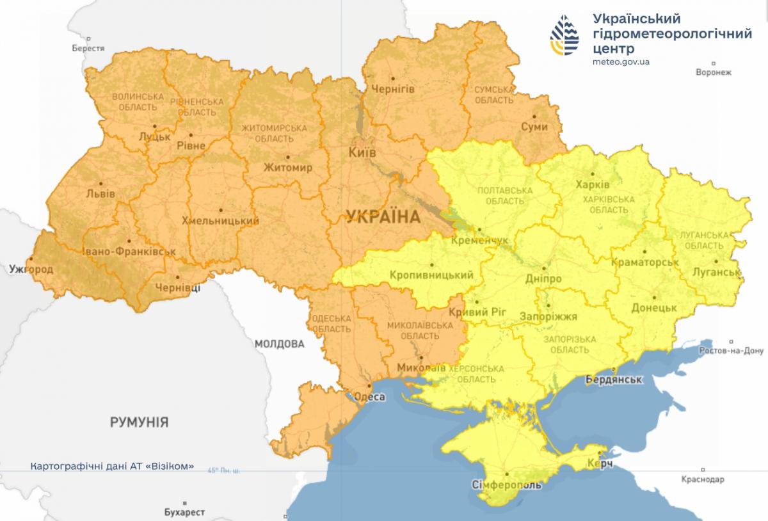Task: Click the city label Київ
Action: click(362, 152)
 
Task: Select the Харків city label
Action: click(593, 184)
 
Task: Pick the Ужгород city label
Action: click(31, 269)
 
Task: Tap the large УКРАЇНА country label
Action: click(383, 217)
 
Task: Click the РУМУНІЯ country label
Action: click(139, 422)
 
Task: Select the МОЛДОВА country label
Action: click(279, 344)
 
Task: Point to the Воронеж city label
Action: click(713, 72)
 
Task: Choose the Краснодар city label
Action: click(703, 479)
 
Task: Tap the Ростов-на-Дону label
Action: click(732, 351)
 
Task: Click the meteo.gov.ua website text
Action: click(621, 62)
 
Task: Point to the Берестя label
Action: click(88, 48)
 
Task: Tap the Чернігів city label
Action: click(394, 89)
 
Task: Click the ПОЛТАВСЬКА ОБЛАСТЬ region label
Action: click(505, 195)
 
